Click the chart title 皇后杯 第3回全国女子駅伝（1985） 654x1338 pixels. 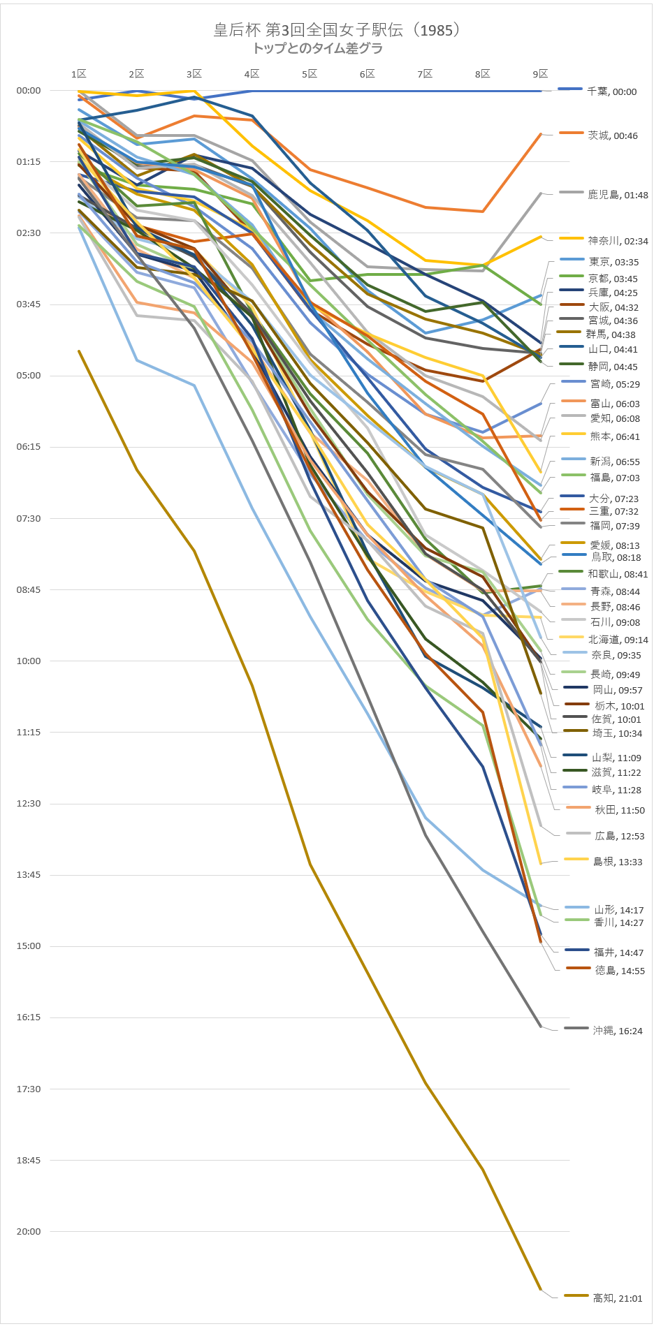point(336,30)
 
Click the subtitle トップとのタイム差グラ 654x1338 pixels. point(318,48)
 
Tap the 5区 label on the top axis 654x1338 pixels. point(310,74)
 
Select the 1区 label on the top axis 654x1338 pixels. point(79,74)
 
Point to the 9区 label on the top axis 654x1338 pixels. point(540,74)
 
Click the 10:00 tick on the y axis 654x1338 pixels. point(29,661)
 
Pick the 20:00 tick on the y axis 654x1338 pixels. point(29,1231)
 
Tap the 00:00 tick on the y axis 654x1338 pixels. point(29,90)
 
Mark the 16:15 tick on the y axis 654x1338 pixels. point(29,1017)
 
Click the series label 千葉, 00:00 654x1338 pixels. point(611,91)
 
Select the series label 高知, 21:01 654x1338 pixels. point(617,1298)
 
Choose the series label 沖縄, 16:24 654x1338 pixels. point(617,1031)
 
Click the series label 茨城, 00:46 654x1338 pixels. point(612,135)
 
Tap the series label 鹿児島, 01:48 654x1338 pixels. point(618,195)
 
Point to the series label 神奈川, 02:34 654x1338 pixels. point(618,241)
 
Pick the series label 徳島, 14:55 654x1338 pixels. point(620,971)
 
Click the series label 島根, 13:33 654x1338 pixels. point(617,862)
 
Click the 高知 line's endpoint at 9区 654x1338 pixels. point(541,1290)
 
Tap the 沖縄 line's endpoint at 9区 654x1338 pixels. point(541,1027)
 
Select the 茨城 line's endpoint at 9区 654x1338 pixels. point(541,133)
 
